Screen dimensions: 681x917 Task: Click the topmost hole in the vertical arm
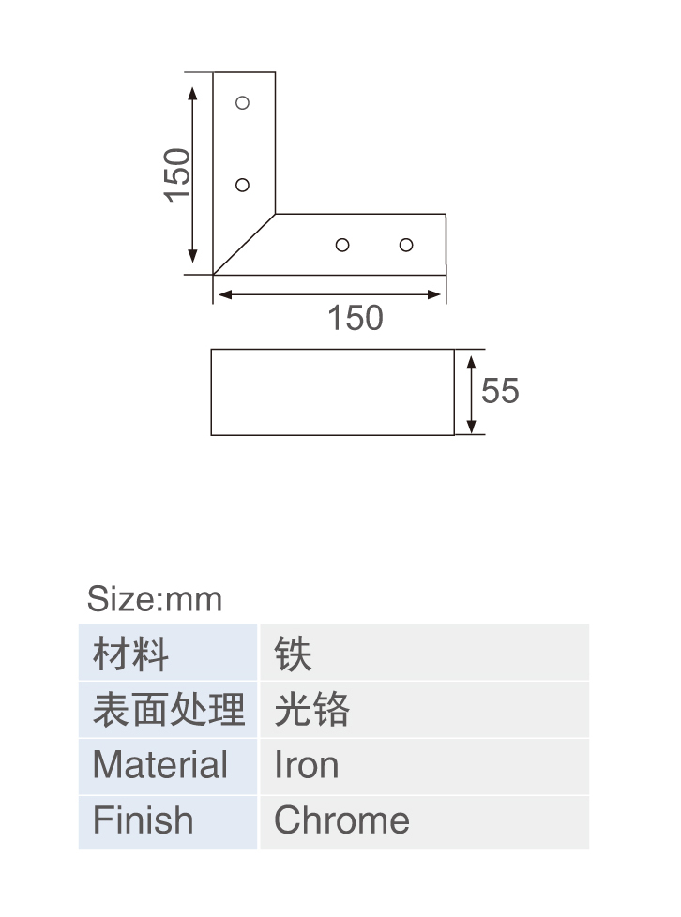[242, 103]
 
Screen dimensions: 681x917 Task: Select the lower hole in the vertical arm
[242, 185]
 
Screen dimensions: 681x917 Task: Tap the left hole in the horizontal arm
[342, 245]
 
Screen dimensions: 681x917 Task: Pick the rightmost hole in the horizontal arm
[406, 245]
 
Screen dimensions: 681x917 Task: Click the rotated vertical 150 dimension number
[177, 174]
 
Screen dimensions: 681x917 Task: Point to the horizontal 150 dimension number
[356, 318]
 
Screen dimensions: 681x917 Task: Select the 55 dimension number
[500, 391]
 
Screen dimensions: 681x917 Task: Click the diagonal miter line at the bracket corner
[244, 244]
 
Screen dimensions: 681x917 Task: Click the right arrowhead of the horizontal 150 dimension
[433, 294]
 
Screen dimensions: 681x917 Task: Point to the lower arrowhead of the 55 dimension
[472, 427]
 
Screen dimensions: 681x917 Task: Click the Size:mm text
[155, 599]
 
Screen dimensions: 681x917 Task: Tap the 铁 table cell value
[293, 654]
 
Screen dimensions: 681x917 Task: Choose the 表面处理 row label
[169, 710]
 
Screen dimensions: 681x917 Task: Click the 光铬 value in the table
[311, 710]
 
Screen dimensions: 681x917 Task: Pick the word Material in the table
[159, 764]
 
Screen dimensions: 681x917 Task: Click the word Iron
[307, 764]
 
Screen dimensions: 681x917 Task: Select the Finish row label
[143, 819]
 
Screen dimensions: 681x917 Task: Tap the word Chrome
[341, 819]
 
